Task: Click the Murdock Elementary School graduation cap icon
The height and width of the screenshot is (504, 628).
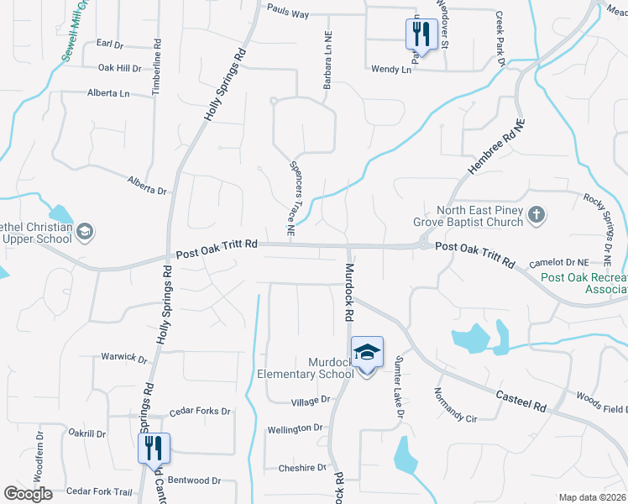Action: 367,352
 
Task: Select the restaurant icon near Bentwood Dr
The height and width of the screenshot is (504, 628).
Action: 154,447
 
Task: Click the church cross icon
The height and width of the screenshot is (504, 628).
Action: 537,217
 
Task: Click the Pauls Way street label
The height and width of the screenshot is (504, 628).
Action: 288,13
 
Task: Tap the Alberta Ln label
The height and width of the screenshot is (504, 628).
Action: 108,93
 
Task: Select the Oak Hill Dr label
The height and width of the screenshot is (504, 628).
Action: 120,68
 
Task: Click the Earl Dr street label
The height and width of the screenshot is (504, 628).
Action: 109,43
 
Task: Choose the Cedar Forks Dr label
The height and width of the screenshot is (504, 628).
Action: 200,412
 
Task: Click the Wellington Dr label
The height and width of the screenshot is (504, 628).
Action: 295,428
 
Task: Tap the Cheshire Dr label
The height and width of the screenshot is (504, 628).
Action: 303,468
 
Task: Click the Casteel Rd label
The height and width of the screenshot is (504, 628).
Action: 521,400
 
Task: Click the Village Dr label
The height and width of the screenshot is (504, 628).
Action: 311,402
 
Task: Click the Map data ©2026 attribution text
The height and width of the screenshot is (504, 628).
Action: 592,497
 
